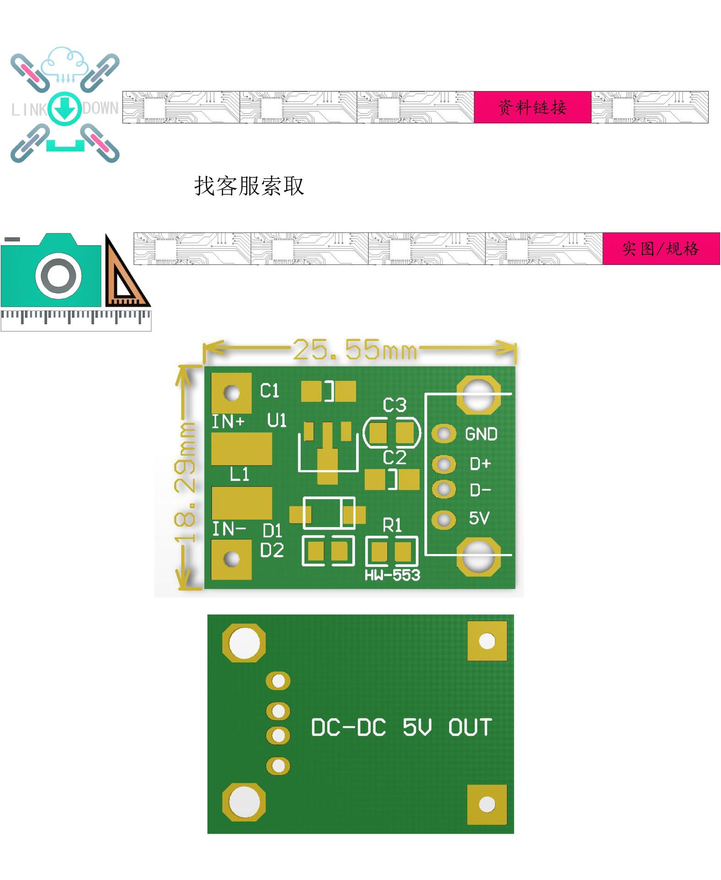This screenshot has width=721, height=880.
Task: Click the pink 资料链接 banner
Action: pos(532,107)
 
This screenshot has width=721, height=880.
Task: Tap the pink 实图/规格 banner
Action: pos(660,248)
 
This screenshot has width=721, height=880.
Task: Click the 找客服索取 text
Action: pos(249,186)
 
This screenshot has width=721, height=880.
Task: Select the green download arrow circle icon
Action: pos(65,109)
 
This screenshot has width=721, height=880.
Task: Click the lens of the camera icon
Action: pos(59,276)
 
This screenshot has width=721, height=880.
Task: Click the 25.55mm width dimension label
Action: pos(355,350)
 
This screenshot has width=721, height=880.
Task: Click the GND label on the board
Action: pos(481,434)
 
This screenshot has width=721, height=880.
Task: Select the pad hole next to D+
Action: pos(443,464)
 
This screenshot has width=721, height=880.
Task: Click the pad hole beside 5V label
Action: pos(443,520)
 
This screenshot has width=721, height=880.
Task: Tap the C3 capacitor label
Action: pos(395,405)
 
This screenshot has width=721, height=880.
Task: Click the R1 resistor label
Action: pos(392,525)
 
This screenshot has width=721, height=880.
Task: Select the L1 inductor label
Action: pos(240,474)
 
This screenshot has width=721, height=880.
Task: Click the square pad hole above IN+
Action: pos(231,393)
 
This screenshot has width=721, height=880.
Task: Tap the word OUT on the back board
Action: pos(470,727)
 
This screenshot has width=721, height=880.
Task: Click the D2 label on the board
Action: pos(272,550)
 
